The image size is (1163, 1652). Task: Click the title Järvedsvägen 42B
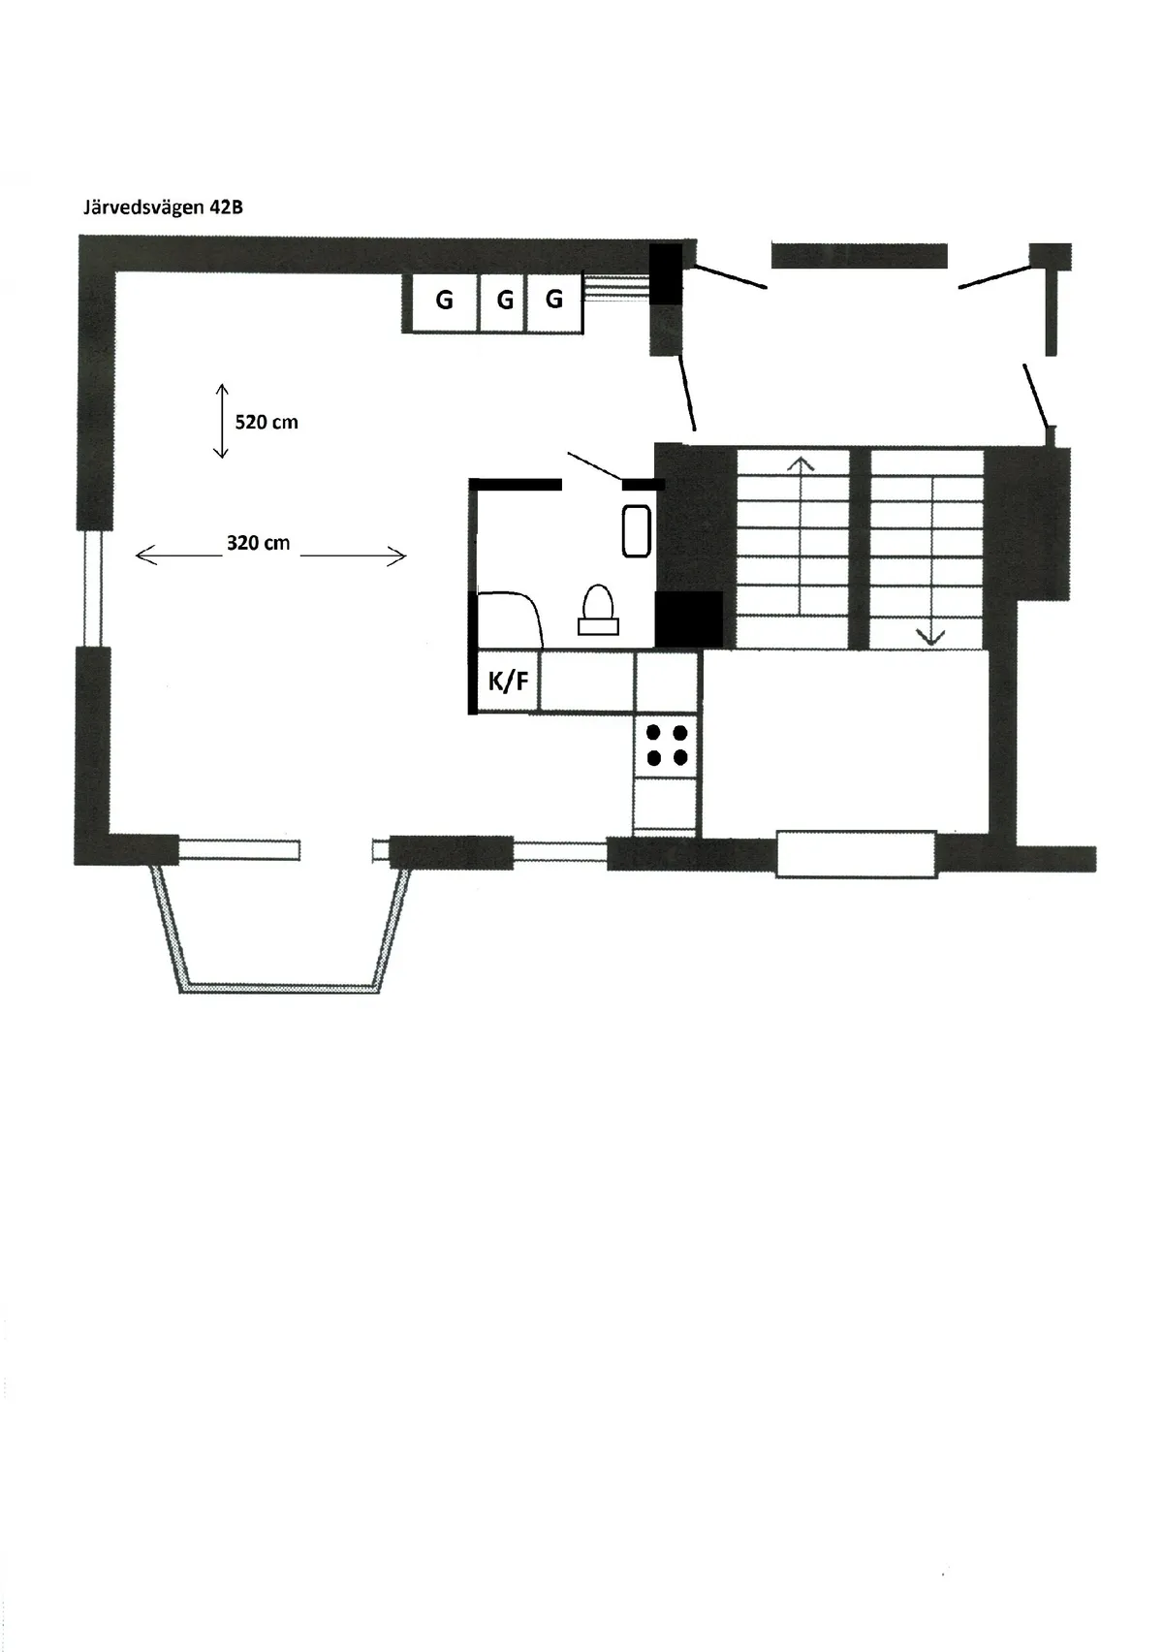[163, 207]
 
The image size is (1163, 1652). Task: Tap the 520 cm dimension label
[267, 423]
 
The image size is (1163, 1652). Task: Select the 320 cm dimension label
[258, 544]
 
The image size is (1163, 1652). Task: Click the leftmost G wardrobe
[444, 302]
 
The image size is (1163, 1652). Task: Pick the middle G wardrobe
[504, 302]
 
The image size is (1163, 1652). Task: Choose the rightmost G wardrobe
[554, 302]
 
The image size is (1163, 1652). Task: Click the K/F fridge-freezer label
[508, 681]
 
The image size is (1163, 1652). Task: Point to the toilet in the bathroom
[599, 611]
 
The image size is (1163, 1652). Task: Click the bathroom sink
[637, 530]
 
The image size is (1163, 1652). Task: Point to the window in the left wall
[93, 588]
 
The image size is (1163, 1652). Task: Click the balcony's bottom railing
[280, 987]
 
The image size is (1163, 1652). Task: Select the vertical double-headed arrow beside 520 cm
[221, 421]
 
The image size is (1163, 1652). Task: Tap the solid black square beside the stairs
[689, 620]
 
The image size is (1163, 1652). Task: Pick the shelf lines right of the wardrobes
[616, 287]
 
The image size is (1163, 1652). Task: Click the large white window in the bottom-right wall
[856, 854]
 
